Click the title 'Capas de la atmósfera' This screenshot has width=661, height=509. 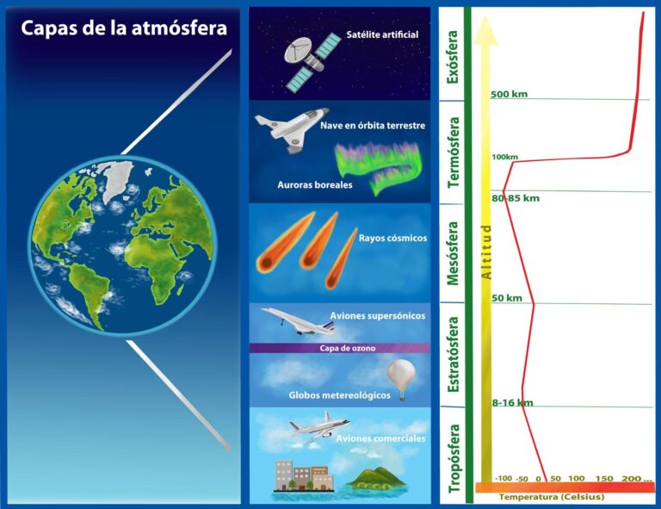(x=124, y=28)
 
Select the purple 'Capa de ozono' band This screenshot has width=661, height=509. (x=339, y=348)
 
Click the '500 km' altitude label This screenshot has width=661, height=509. (x=509, y=94)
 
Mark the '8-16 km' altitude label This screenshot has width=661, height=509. (x=512, y=402)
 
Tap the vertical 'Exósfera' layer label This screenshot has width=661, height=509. (x=453, y=57)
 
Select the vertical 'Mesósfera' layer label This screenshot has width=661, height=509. (x=453, y=253)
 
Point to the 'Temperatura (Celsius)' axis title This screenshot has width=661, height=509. (x=551, y=497)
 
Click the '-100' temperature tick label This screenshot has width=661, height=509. (x=503, y=479)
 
